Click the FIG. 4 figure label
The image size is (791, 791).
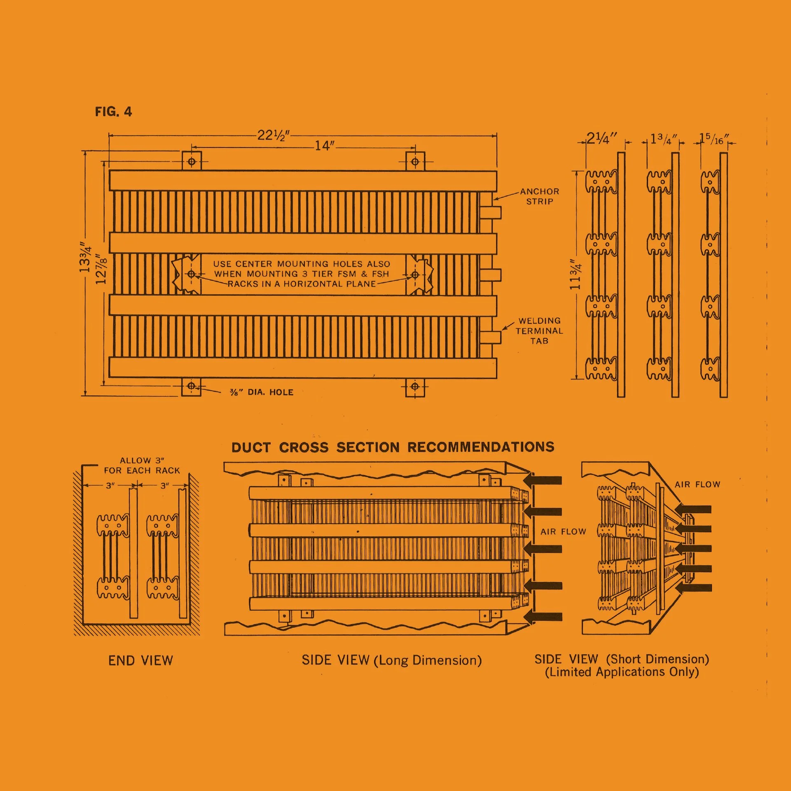click(x=113, y=112)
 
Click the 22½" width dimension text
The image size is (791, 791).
click(x=274, y=135)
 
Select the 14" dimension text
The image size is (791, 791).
click(x=325, y=145)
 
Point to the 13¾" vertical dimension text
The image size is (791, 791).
click(x=85, y=257)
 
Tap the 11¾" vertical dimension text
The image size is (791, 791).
click(x=575, y=274)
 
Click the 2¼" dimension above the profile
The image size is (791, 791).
click(x=601, y=138)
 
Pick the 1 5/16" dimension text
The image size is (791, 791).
click(x=714, y=138)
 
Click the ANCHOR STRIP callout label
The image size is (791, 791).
click(x=540, y=197)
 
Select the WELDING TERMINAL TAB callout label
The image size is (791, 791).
click(x=539, y=331)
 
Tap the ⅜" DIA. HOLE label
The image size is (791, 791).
click(x=262, y=392)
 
